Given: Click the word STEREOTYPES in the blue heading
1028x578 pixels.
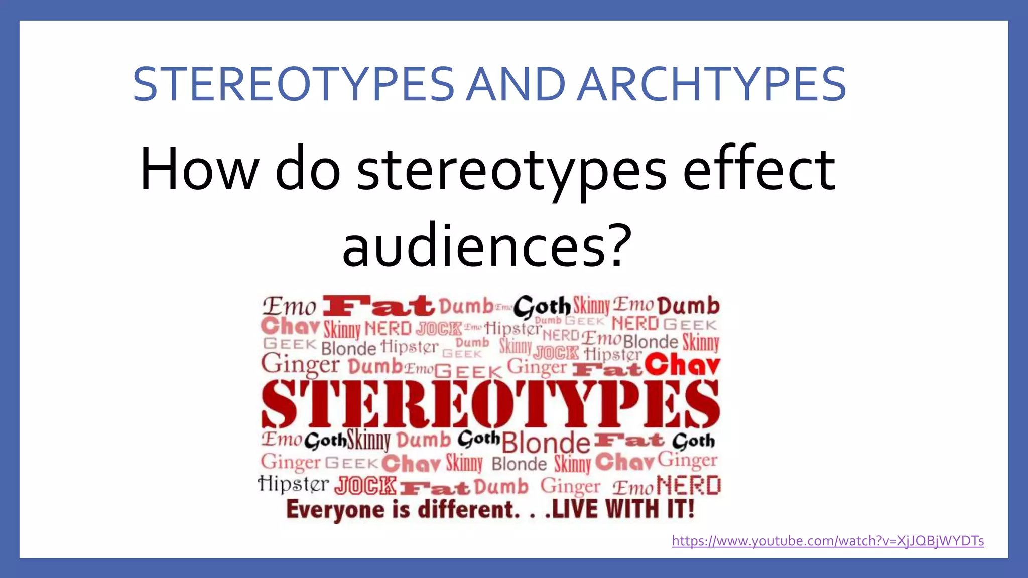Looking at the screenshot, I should pyautogui.click(x=294, y=84).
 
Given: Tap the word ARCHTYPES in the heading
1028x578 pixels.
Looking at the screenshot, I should pyautogui.click(x=712, y=84).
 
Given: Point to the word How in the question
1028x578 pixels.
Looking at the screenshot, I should pyautogui.click(x=199, y=169).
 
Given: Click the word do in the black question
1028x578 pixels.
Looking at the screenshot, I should pyautogui.click(x=308, y=169).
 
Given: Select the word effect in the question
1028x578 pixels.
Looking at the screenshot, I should pyautogui.click(x=759, y=169).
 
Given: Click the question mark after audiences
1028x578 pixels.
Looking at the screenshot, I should pyautogui.click(x=617, y=245).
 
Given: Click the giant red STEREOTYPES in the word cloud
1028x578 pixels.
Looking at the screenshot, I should pyautogui.click(x=490, y=404).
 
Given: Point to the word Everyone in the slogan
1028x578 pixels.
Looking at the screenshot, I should pyautogui.click(x=336, y=510).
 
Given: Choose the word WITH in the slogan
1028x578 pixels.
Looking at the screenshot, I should pyautogui.click(x=632, y=509).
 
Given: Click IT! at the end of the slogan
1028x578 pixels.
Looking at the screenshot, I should pyautogui.click(x=681, y=509).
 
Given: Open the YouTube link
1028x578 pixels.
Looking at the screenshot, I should pyautogui.click(x=828, y=541).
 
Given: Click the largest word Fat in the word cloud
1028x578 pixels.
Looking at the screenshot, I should pyautogui.click(x=378, y=306).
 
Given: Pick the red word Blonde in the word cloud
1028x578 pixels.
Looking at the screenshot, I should pyautogui.click(x=546, y=442).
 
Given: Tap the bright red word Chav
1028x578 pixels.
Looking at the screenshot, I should pyautogui.click(x=683, y=365).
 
